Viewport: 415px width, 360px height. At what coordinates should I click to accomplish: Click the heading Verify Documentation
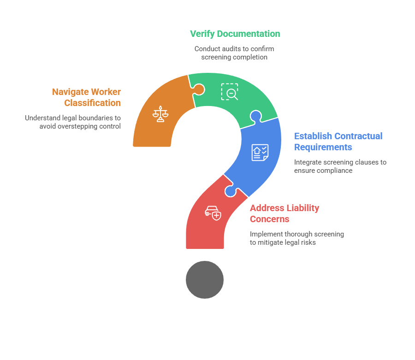pos(235,34)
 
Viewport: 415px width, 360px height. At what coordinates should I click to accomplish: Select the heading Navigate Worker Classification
pos(86,97)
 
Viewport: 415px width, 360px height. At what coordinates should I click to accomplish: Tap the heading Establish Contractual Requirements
pos(338,142)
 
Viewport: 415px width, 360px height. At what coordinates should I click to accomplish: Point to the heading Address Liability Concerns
pos(285,213)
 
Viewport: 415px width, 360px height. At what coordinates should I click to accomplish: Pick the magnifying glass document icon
pos(230,92)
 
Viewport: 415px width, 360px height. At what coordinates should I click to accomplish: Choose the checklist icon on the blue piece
pos(260,153)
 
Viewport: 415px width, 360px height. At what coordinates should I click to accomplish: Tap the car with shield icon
pos(213,213)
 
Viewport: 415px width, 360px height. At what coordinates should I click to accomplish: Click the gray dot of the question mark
pos(205,280)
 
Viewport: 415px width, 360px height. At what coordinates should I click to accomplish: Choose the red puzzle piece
pos(207,221)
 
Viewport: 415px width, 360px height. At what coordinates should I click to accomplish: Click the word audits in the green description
pos(237,48)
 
